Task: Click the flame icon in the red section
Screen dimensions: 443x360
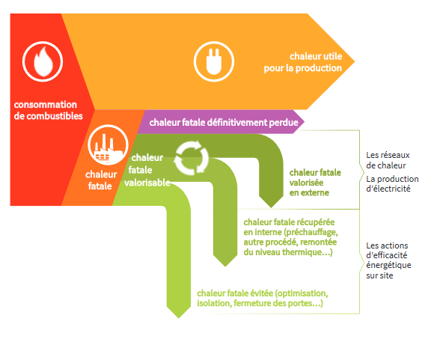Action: tap(43, 61)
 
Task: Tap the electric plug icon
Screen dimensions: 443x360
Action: tap(214, 61)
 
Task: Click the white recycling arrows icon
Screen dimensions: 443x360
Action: tap(192, 157)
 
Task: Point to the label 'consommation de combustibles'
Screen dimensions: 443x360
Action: tap(49, 110)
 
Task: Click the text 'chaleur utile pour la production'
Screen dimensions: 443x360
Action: tap(303, 62)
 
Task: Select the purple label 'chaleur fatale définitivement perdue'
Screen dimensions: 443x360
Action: tap(224, 122)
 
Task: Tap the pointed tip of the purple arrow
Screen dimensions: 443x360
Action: tap(305, 122)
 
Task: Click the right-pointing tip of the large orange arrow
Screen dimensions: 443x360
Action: tap(355, 61)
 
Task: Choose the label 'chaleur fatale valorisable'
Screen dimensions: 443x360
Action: tap(147, 170)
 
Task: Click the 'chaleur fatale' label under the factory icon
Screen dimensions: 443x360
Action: tap(101, 180)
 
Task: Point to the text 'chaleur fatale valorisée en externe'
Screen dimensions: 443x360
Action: tap(315, 183)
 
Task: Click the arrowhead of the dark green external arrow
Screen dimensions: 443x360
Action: tap(271, 202)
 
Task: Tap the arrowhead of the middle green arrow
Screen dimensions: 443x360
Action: tap(225, 260)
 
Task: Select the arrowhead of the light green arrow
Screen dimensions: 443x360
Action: tap(179, 313)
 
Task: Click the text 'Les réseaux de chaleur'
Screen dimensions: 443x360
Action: tap(388, 160)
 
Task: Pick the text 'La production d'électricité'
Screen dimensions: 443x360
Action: tap(392, 183)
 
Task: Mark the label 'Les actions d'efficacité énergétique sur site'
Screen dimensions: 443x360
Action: tap(388, 260)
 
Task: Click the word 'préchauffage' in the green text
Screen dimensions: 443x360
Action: tap(311, 232)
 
